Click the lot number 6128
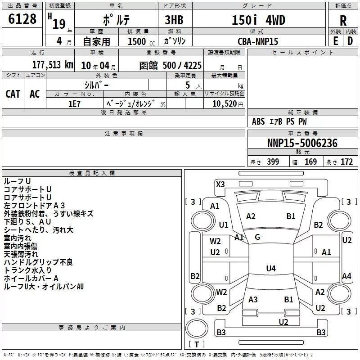coord(22,19)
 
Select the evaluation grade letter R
coord(343,21)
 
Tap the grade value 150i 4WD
coord(258,20)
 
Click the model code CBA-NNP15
coord(258,41)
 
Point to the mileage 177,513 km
coord(53,65)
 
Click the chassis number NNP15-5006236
coord(302,143)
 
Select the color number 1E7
coord(74,104)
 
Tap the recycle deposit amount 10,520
coord(225,104)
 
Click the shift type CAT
coord(13,94)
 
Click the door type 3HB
coord(174,20)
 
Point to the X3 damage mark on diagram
coord(220,184)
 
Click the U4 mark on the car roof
coord(271,268)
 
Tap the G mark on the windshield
coord(257,237)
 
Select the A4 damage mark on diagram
coord(346,276)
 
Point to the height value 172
coord(346,162)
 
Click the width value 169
coord(310,162)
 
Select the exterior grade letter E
coord(335,41)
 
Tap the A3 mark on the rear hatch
coord(253,299)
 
